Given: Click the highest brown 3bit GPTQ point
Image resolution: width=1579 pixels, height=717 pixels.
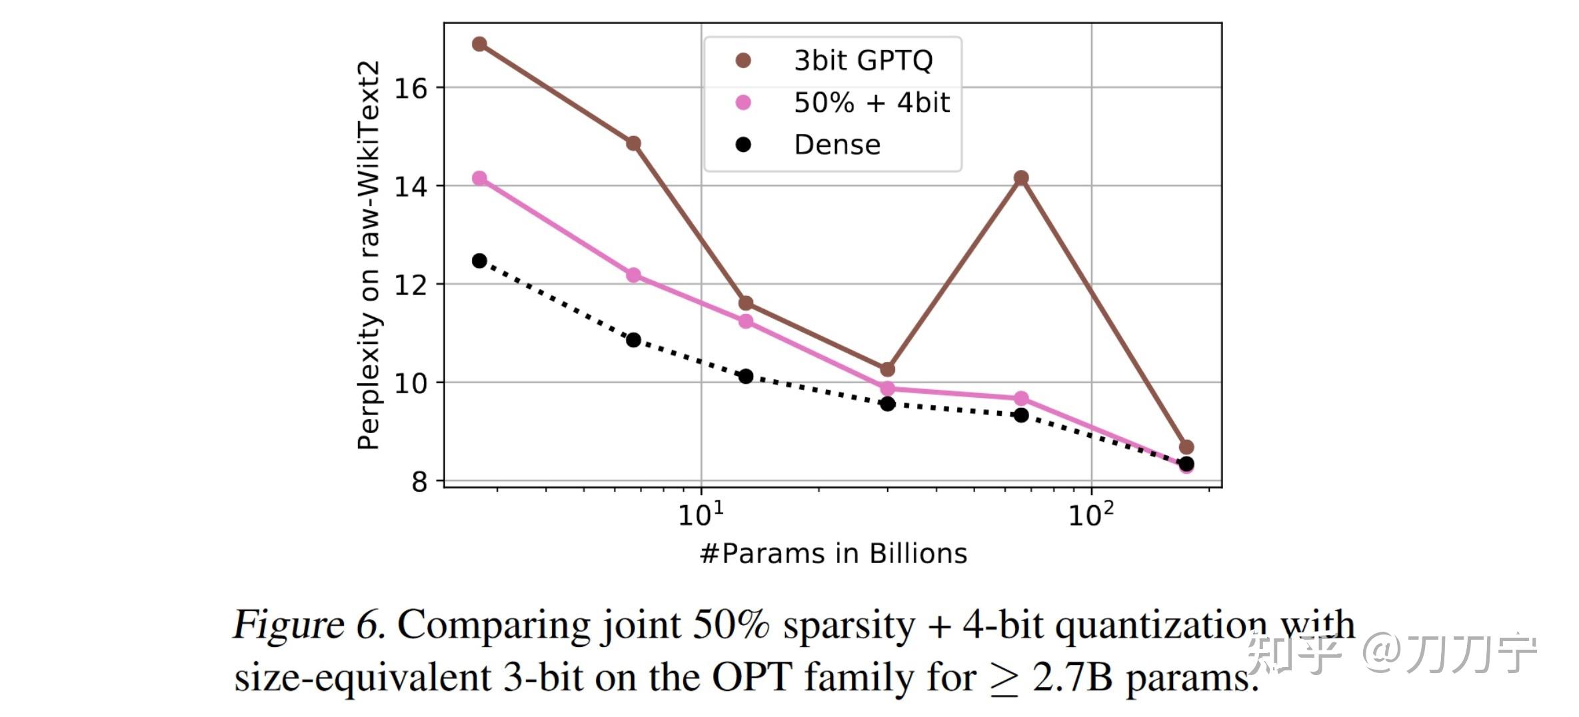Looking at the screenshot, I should [x=479, y=44].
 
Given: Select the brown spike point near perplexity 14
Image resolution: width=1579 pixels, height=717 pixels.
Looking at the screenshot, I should [x=1021, y=178].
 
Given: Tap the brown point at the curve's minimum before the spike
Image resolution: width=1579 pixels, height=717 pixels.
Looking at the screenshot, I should [x=887, y=369].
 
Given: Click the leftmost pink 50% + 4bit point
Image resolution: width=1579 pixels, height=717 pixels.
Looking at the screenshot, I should [x=479, y=178].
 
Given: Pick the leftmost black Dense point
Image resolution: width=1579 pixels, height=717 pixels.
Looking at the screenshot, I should [x=479, y=261].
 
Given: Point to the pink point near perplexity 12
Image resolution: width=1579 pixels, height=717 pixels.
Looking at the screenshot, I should [x=634, y=275].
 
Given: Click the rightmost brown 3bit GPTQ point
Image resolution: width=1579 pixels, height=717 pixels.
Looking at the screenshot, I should [x=1186, y=447].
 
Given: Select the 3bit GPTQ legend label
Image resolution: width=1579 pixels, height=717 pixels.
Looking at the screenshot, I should [x=863, y=61].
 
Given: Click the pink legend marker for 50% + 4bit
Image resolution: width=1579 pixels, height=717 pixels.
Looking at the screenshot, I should [x=743, y=103].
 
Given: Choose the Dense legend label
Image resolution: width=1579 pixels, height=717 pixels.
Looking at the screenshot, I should [x=837, y=145].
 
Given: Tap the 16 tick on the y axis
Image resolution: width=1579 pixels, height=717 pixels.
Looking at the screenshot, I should [x=411, y=89].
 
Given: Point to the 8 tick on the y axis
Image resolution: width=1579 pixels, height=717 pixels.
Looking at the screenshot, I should [x=419, y=481].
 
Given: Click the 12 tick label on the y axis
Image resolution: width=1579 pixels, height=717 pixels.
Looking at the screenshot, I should [x=411, y=285].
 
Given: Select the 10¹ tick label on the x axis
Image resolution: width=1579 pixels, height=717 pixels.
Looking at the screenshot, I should [x=701, y=514].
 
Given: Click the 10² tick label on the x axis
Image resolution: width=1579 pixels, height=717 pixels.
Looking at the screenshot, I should [x=1091, y=514].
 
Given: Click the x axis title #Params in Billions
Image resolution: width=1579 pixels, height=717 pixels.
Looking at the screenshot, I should [x=833, y=554].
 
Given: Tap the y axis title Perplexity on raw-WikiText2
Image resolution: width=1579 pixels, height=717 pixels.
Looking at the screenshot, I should [x=369, y=255].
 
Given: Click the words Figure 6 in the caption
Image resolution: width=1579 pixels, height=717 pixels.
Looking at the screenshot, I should [x=309, y=625].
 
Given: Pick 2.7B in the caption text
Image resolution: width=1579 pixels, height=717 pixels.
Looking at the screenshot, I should [x=1072, y=678].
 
